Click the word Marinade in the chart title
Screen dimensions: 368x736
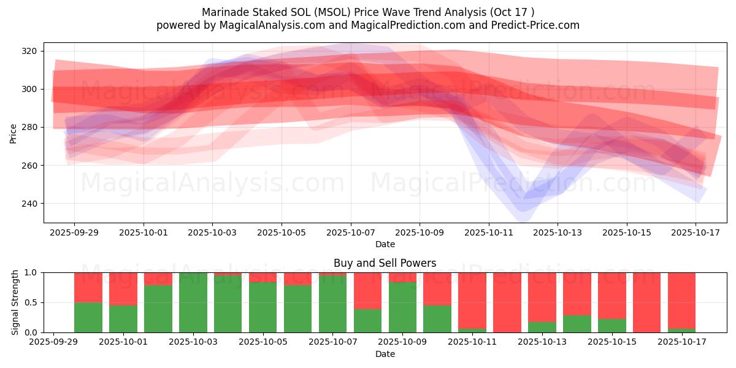point(222,12)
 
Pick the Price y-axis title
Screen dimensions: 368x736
point(13,132)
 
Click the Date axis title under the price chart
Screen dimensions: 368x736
point(385,244)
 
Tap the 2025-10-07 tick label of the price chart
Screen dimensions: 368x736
point(351,232)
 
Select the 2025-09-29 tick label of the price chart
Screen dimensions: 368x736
point(75,232)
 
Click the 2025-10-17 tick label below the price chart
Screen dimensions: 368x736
point(696,232)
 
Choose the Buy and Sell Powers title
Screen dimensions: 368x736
point(385,263)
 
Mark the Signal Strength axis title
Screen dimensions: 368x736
point(15,302)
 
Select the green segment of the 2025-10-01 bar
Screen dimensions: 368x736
point(123,319)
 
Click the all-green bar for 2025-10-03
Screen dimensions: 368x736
point(193,302)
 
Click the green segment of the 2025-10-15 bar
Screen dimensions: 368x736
point(612,326)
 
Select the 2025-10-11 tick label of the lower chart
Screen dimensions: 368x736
point(472,342)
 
